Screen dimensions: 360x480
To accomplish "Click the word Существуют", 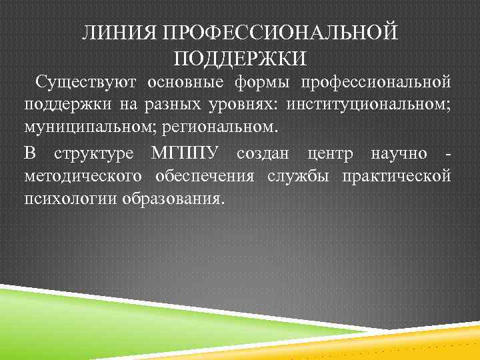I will click(87, 82).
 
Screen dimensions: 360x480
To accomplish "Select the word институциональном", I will click(369, 105).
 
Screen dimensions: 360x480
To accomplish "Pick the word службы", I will click(306, 177).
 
